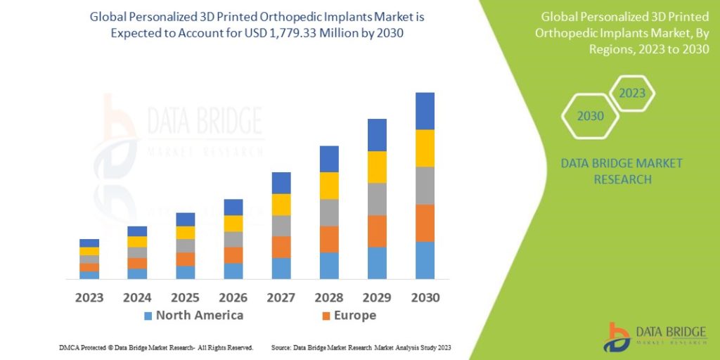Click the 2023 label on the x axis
pyautogui.click(x=89, y=297)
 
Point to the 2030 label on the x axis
pyautogui.click(x=424, y=297)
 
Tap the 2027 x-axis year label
pyautogui.click(x=281, y=297)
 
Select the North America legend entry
pyautogui.click(x=193, y=316)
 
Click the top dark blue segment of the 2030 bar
pyautogui.click(x=425, y=111)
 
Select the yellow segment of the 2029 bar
pyautogui.click(x=377, y=167)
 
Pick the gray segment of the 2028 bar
pyautogui.click(x=329, y=212)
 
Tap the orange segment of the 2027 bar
pyautogui.click(x=281, y=247)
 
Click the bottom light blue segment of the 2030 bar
pyautogui.click(x=425, y=260)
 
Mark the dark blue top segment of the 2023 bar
pyautogui.click(x=89, y=243)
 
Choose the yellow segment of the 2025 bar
pyautogui.click(x=186, y=233)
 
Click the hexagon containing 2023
pyautogui.click(x=631, y=94)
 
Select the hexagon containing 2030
pyautogui.click(x=591, y=116)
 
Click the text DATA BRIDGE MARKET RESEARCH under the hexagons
pyautogui.click(x=622, y=172)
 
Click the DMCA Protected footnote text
pyautogui.click(x=156, y=348)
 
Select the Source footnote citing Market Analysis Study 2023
pyautogui.click(x=361, y=348)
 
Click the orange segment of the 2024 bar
pyautogui.click(x=137, y=263)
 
